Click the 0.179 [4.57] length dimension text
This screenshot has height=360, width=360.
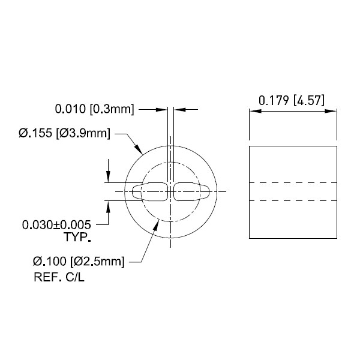point(292,101)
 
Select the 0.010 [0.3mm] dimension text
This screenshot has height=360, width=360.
point(94,109)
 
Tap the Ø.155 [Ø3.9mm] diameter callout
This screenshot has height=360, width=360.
point(65,133)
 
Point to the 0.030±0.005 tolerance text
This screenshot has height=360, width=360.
point(56,225)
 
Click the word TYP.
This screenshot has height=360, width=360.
point(77,237)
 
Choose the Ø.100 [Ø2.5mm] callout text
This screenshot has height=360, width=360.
point(79,262)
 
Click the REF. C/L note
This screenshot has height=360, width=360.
point(59,277)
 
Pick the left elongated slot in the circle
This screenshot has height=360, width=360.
point(149,192)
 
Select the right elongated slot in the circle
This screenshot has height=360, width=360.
point(191,192)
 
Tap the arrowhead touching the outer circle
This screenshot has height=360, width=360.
point(139,149)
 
